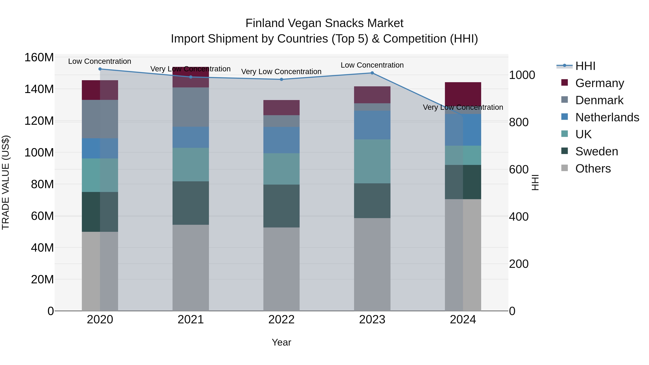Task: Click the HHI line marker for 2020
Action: click(100, 69)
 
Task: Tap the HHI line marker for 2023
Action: click(372, 73)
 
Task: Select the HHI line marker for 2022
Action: click(281, 79)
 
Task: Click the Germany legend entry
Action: click(599, 83)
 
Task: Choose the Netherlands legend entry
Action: click(607, 117)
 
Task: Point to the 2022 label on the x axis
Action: click(281, 320)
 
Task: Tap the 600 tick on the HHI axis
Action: click(518, 170)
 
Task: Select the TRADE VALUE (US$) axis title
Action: click(6, 182)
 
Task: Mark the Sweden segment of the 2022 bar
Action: click(281, 206)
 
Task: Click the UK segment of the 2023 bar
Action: click(372, 161)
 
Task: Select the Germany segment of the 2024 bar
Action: click(463, 93)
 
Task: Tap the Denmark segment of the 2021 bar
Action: click(191, 107)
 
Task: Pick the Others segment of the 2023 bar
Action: click(372, 264)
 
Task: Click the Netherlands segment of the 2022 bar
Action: click(281, 140)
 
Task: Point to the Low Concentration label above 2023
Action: click(372, 65)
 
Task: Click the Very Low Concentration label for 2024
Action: click(463, 107)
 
